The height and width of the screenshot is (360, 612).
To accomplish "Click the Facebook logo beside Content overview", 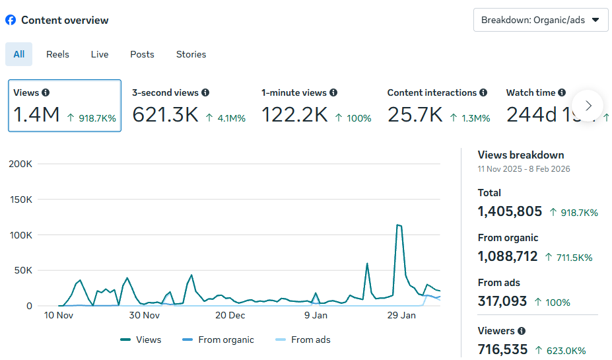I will (11, 20).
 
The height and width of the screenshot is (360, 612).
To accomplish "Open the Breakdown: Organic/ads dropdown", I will (541, 20).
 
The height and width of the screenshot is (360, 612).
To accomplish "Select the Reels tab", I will (57, 54).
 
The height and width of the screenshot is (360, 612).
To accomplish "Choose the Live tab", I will (100, 54).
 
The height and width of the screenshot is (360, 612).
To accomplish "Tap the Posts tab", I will (142, 54).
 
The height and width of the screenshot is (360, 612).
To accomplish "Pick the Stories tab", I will (191, 54).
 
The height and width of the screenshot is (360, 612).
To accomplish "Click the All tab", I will (19, 54).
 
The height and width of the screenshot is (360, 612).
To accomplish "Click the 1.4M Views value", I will (36, 115).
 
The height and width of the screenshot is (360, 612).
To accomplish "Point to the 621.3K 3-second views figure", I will (165, 115).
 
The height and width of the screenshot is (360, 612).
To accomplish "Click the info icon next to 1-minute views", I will (333, 93).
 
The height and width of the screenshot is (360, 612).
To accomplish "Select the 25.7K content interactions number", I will (415, 115).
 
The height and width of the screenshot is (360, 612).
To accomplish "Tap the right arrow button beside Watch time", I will (588, 106).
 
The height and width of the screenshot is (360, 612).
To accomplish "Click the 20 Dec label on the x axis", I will (230, 316).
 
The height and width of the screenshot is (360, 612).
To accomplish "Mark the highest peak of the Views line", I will (398, 225).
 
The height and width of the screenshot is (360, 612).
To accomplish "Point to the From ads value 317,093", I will (502, 301).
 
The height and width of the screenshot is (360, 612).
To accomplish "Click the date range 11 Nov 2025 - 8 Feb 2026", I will (524, 169).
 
